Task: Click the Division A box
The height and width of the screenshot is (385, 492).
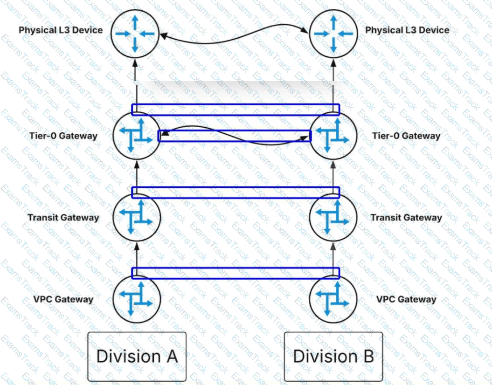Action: tap(137, 357)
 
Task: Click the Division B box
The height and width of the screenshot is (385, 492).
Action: tap(333, 357)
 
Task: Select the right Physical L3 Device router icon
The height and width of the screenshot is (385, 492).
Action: tap(333, 33)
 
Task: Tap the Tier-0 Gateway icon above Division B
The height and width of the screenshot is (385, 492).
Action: tap(333, 136)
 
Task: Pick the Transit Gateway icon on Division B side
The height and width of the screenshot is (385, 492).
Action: tap(333, 218)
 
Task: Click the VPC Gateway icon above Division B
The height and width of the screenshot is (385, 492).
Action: tap(333, 299)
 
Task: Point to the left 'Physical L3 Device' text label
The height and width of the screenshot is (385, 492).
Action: tap(60, 31)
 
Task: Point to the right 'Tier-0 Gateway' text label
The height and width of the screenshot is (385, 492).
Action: tap(406, 136)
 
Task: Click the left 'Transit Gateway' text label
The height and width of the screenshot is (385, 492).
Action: tap(63, 218)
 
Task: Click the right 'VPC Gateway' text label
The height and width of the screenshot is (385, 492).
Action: tap(406, 299)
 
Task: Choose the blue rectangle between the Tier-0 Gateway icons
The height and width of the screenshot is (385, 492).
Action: tap(235, 136)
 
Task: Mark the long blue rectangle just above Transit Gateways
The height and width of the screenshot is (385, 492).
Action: tap(236, 192)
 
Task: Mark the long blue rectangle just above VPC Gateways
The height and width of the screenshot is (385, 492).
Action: tap(236, 273)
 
